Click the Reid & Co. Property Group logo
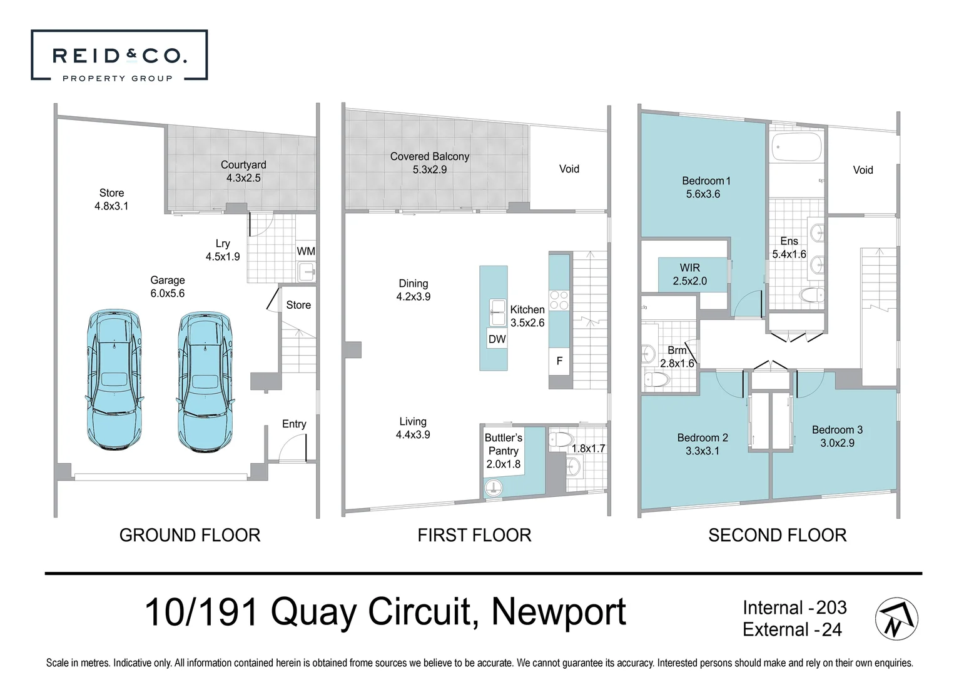(x=119, y=56)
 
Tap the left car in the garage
(x=113, y=379)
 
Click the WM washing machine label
(x=306, y=251)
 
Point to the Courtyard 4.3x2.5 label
(x=243, y=171)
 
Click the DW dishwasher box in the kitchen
(x=497, y=339)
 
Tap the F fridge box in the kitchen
(x=559, y=361)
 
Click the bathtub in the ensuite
(x=796, y=147)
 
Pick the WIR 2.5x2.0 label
(x=690, y=274)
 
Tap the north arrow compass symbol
(x=896, y=619)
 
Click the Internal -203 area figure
(x=794, y=607)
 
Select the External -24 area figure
(x=792, y=629)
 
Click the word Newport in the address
(x=558, y=612)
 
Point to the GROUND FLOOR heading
(x=190, y=535)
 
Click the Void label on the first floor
(x=569, y=169)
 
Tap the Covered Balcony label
(x=430, y=162)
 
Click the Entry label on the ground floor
(x=294, y=424)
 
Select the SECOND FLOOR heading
(x=777, y=535)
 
